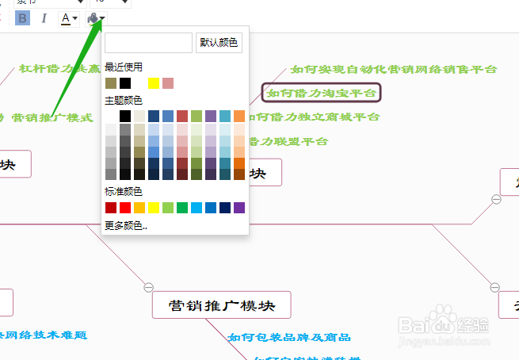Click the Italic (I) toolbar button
click(x=44, y=18)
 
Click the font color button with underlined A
click(x=68, y=18)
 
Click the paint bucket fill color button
click(x=94, y=18)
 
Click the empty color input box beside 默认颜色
click(x=148, y=43)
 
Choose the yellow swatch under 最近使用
click(x=154, y=83)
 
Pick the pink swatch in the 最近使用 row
click(x=168, y=83)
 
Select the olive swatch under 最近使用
click(x=110, y=83)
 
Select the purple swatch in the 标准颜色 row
click(x=239, y=208)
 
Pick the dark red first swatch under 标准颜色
click(x=110, y=208)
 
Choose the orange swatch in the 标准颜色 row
click(x=139, y=208)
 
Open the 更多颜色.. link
click(x=126, y=225)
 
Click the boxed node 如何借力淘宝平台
click(x=322, y=93)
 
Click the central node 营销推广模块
click(x=221, y=305)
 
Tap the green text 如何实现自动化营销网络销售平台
click(x=394, y=69)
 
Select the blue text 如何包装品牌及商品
click(x=289, y=337)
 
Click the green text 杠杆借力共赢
click(x=60, y=68)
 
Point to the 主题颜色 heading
click(x=123, y=101)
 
